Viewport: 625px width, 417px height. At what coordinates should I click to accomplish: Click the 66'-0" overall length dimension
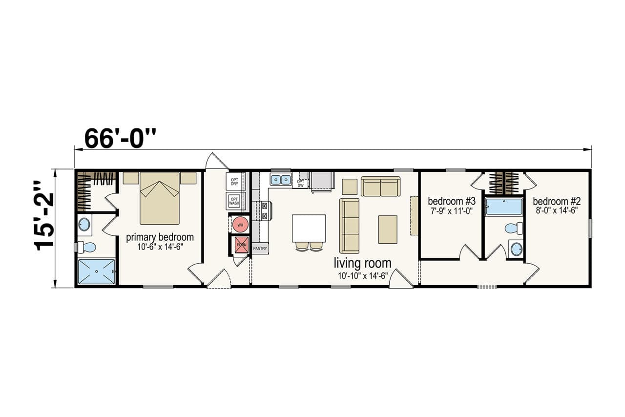click(x=120, y=139)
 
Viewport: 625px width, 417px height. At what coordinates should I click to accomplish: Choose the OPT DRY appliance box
click(x=234, y=182)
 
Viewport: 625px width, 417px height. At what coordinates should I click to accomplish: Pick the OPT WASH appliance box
click(x=234, y=201)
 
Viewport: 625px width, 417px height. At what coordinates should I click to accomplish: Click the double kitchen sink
click(x=281, y=180)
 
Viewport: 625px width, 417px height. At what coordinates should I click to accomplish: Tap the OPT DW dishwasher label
click(x=300, y=183)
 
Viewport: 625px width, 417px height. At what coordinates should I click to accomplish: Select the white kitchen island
click(x=309, y=228)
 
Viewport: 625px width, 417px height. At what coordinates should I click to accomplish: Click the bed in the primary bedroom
click(x=160, y=198)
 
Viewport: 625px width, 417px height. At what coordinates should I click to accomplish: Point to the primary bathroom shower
click(x=97, y=271)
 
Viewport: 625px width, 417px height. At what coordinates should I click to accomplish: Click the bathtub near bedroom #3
click(x=504, y=207)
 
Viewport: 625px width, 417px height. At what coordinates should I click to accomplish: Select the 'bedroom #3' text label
click(x=451, y=201)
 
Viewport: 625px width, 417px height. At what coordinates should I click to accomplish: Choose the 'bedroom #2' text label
click(x=556, y=201)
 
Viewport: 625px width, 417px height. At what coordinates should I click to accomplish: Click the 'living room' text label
click(x=362, y=264)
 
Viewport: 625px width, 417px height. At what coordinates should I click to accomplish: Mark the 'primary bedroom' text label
click(x=160, y=237)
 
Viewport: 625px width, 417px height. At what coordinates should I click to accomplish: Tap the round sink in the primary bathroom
click(x=84, y=225)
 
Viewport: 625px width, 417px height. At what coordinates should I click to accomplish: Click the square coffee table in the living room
click(x=388, y=229)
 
